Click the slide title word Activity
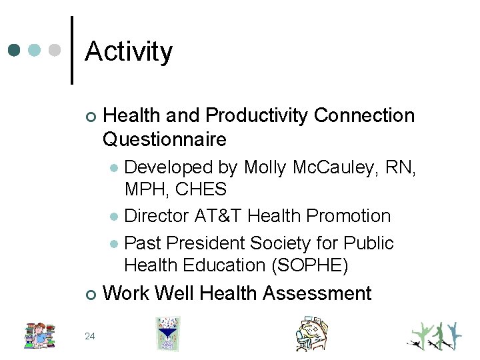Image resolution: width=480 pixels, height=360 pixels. coord(129,51)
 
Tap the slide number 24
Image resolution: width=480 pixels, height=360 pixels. coord(90,335)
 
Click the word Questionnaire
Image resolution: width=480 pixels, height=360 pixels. coord(165,139)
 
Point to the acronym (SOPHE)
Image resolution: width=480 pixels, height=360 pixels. coord(311,265)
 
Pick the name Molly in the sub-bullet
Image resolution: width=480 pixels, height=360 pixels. coord(266,167)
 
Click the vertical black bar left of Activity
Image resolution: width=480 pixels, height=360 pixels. coord(72,51)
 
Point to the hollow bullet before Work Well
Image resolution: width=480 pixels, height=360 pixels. coord(91,294)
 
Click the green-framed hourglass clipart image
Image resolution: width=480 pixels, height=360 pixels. coord(168,333)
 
